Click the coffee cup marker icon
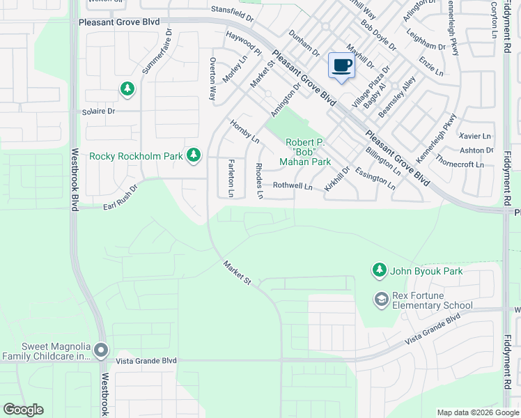[341, 66]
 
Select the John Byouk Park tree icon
[379, 270]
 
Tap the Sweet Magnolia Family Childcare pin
[102, 350]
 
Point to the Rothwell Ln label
[292, 186]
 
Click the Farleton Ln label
[231, 177]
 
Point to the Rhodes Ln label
[258, 180]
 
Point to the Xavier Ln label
[475, 136]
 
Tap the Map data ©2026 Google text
[477, 412]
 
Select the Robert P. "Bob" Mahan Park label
[305, 152]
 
